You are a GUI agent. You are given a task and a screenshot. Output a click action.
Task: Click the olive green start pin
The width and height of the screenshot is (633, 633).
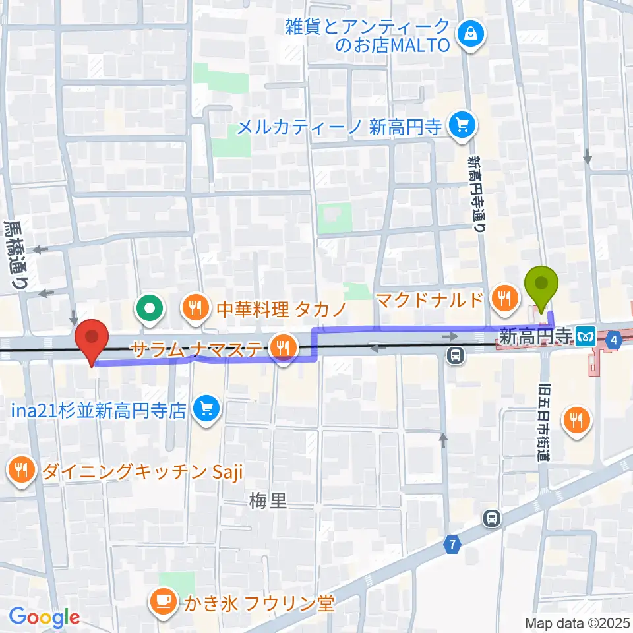(x=541, y=285)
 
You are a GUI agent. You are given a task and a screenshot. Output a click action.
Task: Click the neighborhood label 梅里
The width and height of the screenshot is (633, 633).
(x=268, y=501)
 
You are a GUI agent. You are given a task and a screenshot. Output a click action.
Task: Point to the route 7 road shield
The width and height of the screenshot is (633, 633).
(x=452, y=545)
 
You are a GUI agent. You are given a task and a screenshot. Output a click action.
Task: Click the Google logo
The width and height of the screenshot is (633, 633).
(x=44, y=618)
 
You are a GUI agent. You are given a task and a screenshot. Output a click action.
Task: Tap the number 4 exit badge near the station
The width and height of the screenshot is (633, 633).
(x=615, y=340)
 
